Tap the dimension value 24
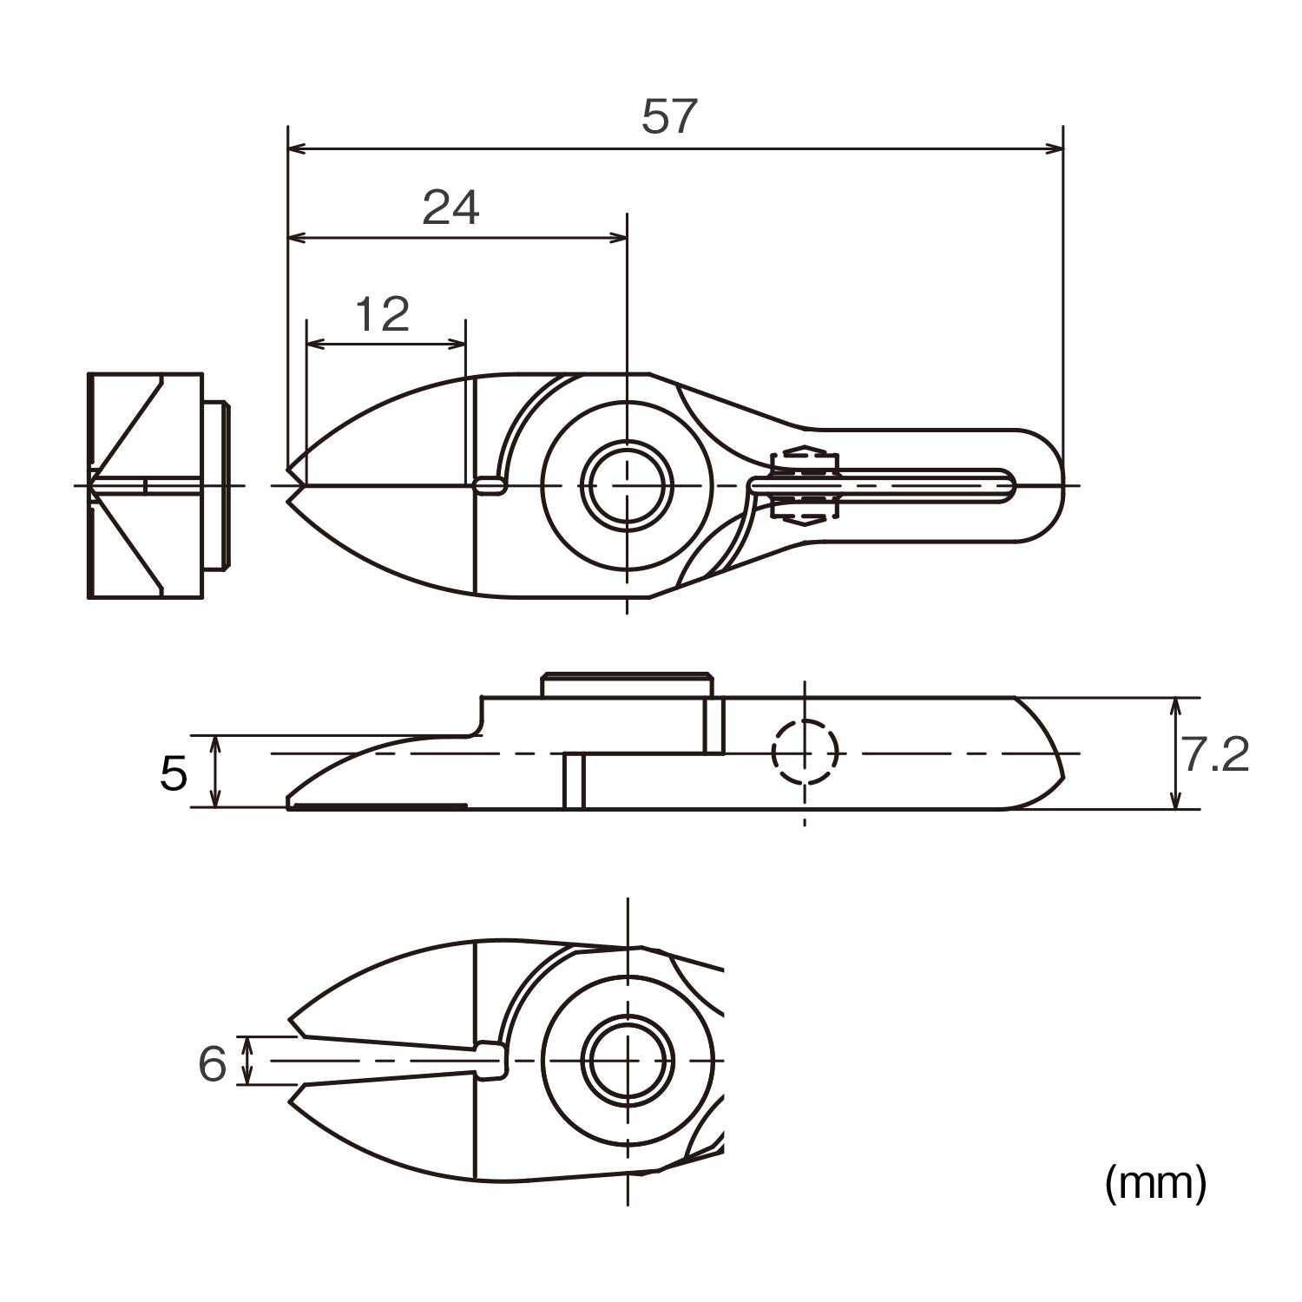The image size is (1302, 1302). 450,207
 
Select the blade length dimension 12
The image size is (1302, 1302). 382,314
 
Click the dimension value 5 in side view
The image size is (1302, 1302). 174,773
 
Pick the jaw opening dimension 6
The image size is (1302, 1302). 213,1063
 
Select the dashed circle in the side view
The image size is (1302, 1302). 806,753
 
